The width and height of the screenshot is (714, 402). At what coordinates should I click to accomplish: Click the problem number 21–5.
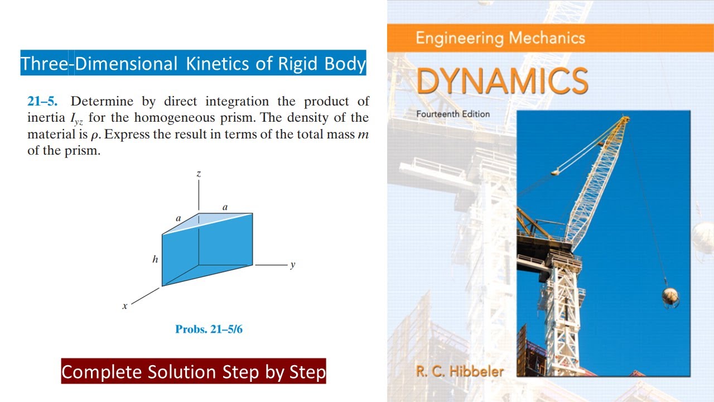coord(42,102)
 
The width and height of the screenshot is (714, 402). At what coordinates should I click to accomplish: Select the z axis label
coord(199,174)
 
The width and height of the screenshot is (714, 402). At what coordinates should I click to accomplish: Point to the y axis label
coord(292,265)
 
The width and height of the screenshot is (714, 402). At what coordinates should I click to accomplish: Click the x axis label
coord(125,306)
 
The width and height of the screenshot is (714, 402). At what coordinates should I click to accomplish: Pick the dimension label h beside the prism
coord(155,259)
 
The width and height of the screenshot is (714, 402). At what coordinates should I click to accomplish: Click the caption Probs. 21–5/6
coord(209,329)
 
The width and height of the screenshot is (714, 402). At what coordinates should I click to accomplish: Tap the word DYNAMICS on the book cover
coord(502,82)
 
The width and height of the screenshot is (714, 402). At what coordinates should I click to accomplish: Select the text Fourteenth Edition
coord(453,114)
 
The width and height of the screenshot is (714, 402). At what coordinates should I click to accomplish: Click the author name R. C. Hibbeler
coord(460,371)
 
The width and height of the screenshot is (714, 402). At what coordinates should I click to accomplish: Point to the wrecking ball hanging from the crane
coord(670,296)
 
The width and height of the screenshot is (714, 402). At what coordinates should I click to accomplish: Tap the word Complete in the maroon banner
coord(102,372)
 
